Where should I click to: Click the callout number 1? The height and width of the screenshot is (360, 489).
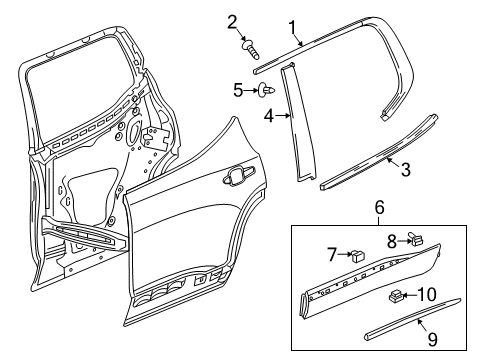point(293,27)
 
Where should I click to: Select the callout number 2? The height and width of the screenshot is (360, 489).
point(231,22)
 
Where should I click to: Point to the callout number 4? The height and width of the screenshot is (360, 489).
point(269,117)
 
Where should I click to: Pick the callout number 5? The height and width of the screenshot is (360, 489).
point(239,90)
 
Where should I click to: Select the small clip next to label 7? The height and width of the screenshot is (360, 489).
point(357,255)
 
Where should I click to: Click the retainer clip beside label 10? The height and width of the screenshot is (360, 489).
point(397,297)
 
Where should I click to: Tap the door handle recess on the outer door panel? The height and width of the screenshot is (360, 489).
point(238,178)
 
